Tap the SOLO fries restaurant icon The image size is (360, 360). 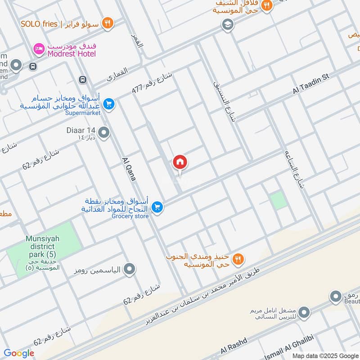click(107, 23)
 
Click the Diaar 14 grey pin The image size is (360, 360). click(104, 133)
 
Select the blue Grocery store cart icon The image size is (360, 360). click(157, 207)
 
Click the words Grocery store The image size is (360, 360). click(130, 216)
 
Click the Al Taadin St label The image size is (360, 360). click(311, 84)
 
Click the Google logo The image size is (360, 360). click(19, 353)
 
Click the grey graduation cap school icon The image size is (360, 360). click(228, 24)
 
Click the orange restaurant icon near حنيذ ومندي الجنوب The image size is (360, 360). click(238, 259)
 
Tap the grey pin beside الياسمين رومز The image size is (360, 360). click(130, 270)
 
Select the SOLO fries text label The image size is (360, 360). click(39, 23)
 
